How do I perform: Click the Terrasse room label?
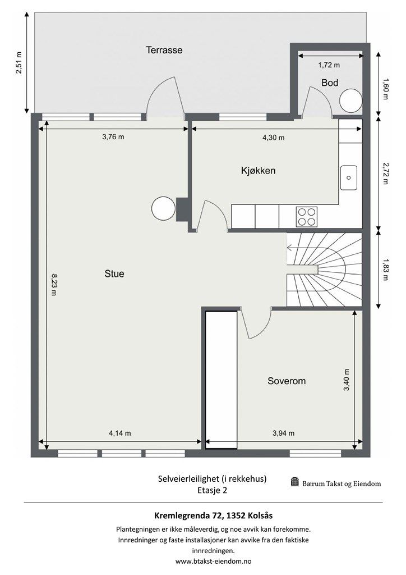pos(164,50)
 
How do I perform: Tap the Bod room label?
pos(330,83)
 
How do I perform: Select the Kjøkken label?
pos(258,171)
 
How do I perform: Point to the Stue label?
pos(114,273)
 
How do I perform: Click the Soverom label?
pos(287,381)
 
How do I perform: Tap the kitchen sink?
pos(349,177)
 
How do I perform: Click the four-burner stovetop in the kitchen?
pos(306,217)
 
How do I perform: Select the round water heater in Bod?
pos(350,100)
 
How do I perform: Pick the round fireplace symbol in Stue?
pos(163,208)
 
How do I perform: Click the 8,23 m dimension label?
pos(54,285)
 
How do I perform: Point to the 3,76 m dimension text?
pos(113,137)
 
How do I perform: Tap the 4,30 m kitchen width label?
pos(274,138)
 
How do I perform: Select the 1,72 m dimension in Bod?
pos(329,65)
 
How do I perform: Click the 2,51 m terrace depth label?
pos(19,63)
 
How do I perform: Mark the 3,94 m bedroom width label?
pos(283,433)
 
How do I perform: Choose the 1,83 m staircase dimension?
pos(385,270)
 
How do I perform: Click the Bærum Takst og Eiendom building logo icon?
pos(295,482)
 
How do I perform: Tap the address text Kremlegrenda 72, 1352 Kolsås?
pos(214,515)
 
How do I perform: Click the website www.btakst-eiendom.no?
pos(214,561)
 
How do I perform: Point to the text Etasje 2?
pos(213,490)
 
